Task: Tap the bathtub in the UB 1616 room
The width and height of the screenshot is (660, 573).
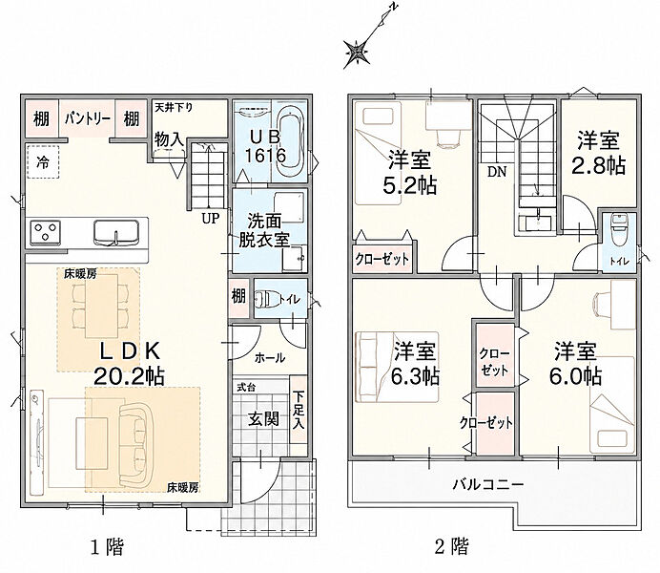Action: tap(291, 142)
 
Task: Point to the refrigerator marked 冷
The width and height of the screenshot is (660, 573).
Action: tap(43, 162)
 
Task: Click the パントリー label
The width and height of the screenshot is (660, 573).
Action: tap(88, 119)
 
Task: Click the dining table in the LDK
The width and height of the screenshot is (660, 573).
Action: tap(102, 306)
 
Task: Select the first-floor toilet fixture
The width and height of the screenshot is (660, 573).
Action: tap(266, 300)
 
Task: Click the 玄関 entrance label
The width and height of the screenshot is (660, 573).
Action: tap(263, 419)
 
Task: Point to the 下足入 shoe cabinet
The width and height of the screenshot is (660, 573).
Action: tap(299, 410)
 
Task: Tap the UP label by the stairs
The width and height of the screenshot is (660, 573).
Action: tap(211, 219)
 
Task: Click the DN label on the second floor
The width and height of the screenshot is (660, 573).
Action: tap(497, 172)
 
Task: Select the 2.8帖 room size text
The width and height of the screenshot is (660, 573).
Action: tap(598, 166)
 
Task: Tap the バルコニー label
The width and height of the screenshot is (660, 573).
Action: tap(488, 484)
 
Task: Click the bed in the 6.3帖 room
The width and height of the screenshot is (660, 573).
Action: tap(398, 367)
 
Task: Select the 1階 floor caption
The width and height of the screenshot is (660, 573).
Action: tap(108, 547)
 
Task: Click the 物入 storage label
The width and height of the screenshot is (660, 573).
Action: tap(169, 139)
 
